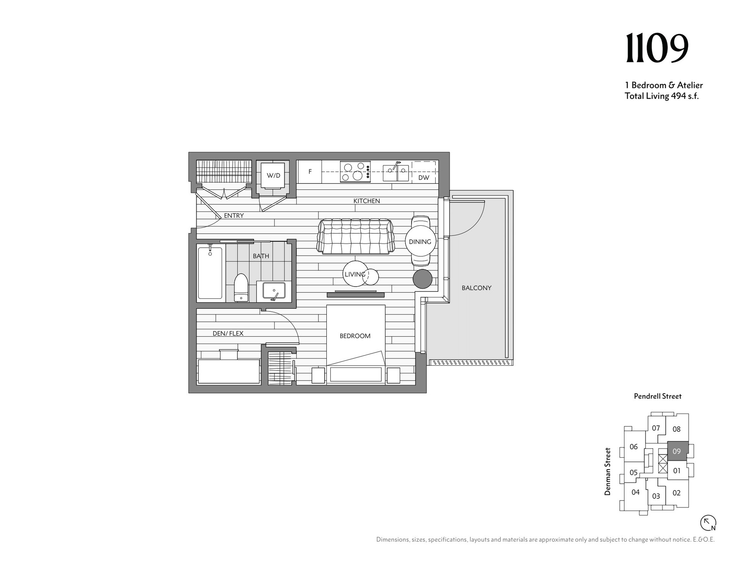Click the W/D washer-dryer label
tap(273, 176)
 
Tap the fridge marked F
tap(310, 172)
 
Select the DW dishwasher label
tap(423, 178)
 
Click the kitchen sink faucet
tap(396, 165)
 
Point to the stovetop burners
tap(355, 172)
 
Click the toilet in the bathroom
tap(241, 287)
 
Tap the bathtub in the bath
tap(210, 273)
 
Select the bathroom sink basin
tap(273, 290)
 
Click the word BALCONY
tap(476, 288)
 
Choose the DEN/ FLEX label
tap(228, 334)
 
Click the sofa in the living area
tap(355, 237)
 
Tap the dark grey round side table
tap(423, 279)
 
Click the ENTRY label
tap(234, 215)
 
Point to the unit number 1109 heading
tap(657, 48)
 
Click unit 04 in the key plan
tap(635, 492)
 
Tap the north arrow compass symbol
tap(708, 523)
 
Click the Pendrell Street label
tap(658, 396)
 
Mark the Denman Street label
tap(607, 472)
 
